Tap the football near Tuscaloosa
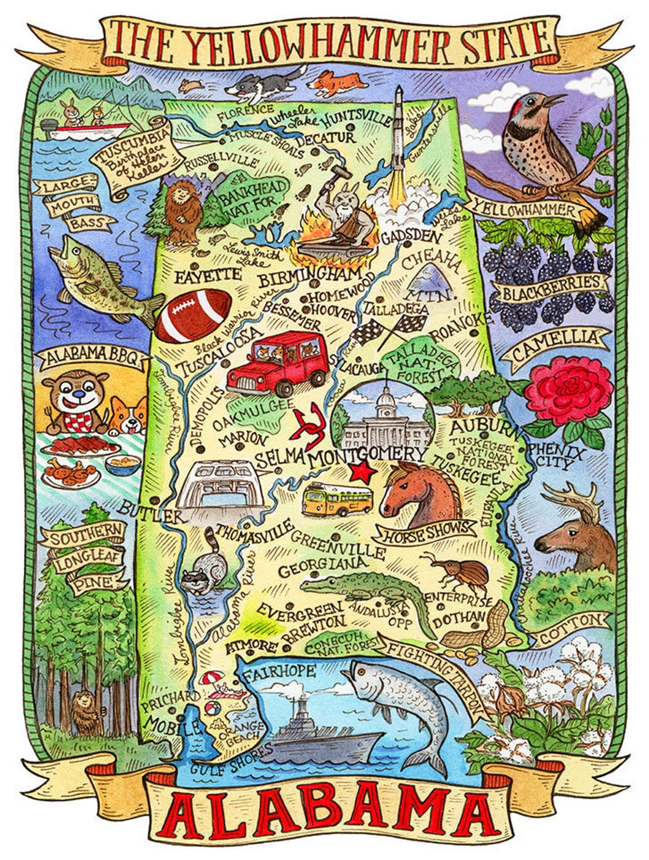coord(193,315)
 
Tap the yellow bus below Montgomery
coord(337,500)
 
